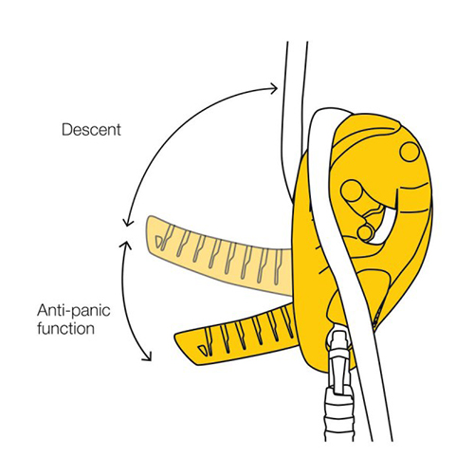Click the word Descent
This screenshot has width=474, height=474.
click(91, 130)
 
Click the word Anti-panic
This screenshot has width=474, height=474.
click(74, 310)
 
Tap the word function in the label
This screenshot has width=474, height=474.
click(65, 328)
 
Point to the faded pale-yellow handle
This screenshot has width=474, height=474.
click(218, 254)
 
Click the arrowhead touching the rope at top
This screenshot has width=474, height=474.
click(273, 88)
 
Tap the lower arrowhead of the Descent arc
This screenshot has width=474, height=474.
click(127, 222)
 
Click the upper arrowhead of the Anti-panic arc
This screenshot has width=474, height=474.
click(125, 245)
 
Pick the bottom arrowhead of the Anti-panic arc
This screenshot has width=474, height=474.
click(147, 356)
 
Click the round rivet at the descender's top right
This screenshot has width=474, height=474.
click(410, 152)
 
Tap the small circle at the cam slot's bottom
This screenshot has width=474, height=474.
click(365, 232)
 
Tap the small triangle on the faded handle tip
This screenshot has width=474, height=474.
click(159, 241)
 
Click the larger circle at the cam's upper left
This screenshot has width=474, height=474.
click(352, 191)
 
